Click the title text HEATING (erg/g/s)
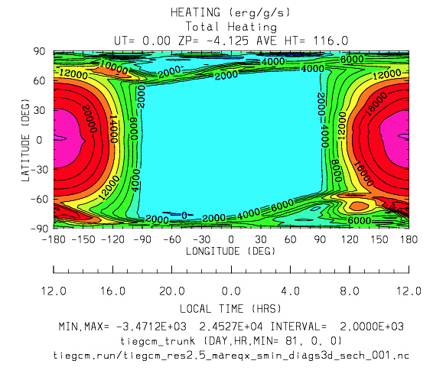pos(230,13)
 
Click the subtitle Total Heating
pos(231,27)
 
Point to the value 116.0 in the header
pos(330,41)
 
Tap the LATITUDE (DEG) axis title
pos(25,140)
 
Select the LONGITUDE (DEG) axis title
pos(231,251)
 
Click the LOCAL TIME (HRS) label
pos(230,308)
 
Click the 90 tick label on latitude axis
pos(40,51)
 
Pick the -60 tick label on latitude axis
pos(37,199)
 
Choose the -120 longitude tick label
pos(112,239)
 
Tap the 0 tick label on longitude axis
pos(231,239)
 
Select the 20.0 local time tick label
pos(172,291)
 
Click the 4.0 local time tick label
pos(290,291)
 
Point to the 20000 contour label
pos(90,119)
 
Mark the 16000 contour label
pos(363,174)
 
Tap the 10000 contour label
pos(114,67)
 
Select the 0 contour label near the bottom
pos(184,215)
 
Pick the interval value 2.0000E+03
pos(372,327)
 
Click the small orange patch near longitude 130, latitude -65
pos(359,206)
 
